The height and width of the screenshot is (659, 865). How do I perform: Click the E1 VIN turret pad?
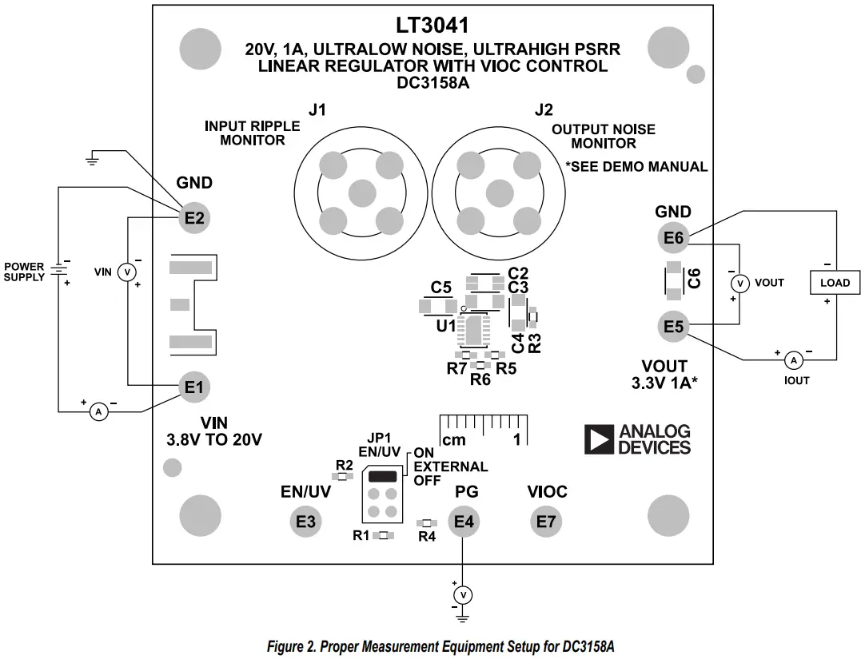pos(193,387)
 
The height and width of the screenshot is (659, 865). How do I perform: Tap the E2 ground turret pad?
pos(193,217)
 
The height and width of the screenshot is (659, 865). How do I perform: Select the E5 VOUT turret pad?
pos(673,327)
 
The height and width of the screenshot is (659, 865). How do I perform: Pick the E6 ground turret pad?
pos(673,237)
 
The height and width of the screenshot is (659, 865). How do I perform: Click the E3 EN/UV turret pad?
pos(305,522)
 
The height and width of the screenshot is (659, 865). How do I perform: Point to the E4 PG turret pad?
pos(464,522)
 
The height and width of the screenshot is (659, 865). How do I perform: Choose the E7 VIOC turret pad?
pos(547,522)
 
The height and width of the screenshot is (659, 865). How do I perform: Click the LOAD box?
pos(835,283)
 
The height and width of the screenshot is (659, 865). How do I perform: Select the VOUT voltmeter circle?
pos(740,283)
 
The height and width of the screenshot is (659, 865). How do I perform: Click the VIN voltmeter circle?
pos(126,272)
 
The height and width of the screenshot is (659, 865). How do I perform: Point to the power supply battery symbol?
pos(58,269)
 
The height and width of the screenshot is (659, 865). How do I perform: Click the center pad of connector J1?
pos(362,191)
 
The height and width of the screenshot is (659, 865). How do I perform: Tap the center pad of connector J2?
pos(499,191)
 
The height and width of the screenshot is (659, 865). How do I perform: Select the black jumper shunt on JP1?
pos(382,476)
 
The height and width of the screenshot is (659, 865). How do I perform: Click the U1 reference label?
pos(445,326)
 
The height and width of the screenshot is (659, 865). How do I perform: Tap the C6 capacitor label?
pos(695,279)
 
